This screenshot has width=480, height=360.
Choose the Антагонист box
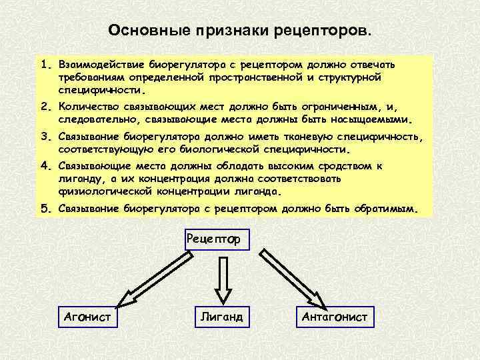click(x=334, y=316)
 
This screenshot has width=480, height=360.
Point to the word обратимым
click(x=386, y=209)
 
